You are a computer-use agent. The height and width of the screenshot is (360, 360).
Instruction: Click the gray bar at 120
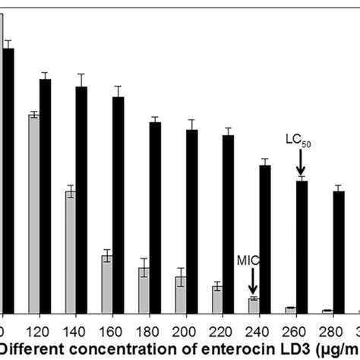33,213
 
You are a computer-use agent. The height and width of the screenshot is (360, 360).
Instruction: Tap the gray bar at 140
70,251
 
